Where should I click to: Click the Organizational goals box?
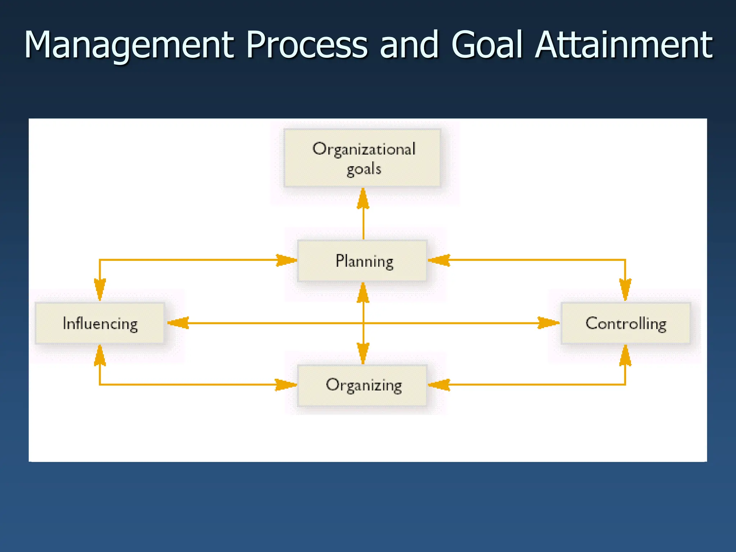point(362,158)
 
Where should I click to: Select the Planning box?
point(362,261)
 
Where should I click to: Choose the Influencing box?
point(100,323)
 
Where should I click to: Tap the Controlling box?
point(626,323)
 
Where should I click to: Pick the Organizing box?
point(362,385)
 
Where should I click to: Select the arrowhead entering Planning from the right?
point(439,260)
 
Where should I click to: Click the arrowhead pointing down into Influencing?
point(100,290)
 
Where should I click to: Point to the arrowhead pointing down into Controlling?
point(625,290)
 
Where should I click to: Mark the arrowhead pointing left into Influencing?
point(178,323)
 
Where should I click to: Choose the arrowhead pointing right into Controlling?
point(548,323)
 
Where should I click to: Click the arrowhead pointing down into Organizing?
point(363,353)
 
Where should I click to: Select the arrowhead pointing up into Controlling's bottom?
point(625,356)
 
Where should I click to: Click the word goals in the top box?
point(364,169)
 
